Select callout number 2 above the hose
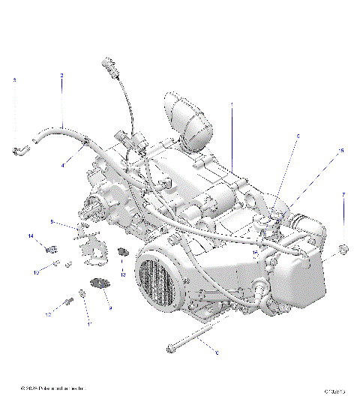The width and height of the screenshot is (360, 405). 61,75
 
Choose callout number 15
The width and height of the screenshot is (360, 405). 341,151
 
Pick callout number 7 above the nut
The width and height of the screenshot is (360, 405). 343,195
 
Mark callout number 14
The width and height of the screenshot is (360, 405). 31,237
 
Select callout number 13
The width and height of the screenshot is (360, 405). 123,274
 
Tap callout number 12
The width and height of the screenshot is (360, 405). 47,315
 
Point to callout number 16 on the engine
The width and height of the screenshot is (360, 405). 255,253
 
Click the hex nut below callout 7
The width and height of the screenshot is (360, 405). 343,248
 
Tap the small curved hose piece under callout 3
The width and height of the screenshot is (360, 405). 19,151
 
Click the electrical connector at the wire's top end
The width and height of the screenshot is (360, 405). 113,67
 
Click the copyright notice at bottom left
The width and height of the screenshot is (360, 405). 54,388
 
